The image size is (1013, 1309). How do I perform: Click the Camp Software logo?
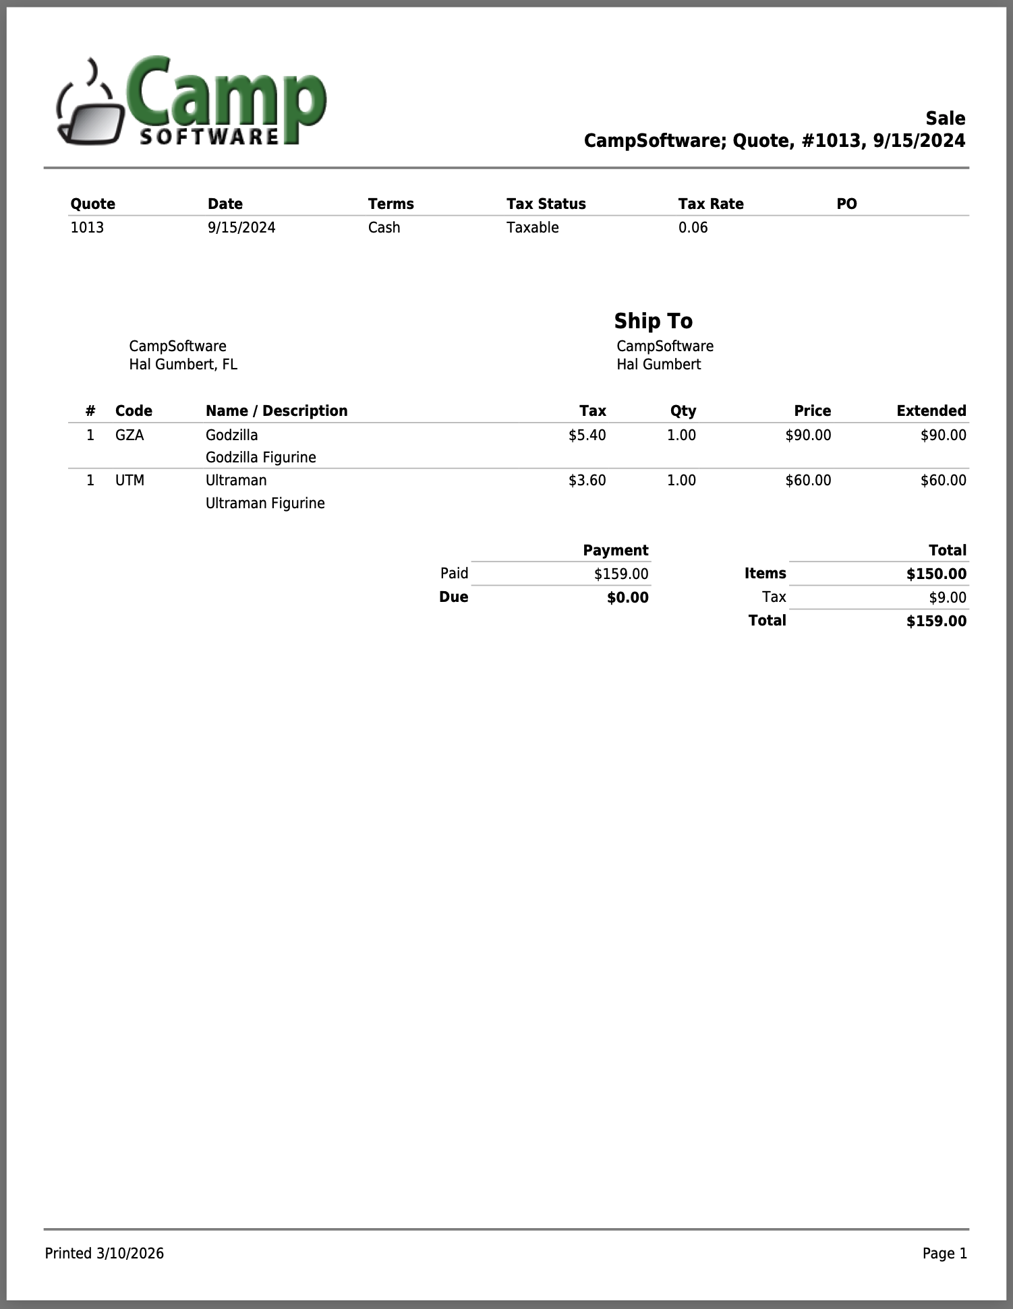point(192,101)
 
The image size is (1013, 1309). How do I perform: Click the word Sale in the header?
point(945,119)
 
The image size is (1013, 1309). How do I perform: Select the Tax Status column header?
point(546,204)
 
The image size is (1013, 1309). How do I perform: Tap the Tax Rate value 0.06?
point(693,227)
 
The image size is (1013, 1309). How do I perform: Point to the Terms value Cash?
point(384,227)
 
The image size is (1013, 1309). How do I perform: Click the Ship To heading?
point(653,321)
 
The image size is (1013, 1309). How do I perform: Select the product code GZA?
point(129,435)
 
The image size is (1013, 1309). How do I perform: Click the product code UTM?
point(129,480)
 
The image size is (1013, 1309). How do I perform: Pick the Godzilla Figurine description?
point(260,457)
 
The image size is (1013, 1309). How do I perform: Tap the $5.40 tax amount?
point(587,435)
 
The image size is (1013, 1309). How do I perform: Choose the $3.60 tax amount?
point(587,480)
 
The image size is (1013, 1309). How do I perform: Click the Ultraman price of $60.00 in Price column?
point(808,480)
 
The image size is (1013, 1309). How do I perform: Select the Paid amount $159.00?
point(620,574)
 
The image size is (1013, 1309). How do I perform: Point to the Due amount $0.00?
point(627,597)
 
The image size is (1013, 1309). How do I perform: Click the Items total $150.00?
point(936,574)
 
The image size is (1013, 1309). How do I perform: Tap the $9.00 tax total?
point(947,597)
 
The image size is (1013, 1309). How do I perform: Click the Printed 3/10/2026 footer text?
point(105,1253)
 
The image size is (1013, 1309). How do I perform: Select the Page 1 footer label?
point(944,1253)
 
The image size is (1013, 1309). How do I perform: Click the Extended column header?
point(931,410)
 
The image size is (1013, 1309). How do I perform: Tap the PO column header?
point(846,204)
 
